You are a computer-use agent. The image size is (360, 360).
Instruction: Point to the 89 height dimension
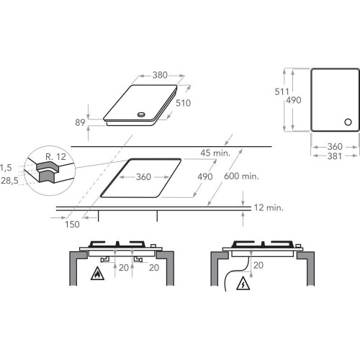click(x=81, y=123)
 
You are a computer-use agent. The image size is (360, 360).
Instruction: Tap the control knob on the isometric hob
click(x=142, y=114)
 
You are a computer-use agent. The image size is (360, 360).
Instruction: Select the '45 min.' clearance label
click(x=215, y=152)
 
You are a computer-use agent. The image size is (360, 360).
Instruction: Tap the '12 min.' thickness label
click(x=268, y=208)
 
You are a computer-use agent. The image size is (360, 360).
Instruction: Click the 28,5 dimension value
click(x=10, y=180)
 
